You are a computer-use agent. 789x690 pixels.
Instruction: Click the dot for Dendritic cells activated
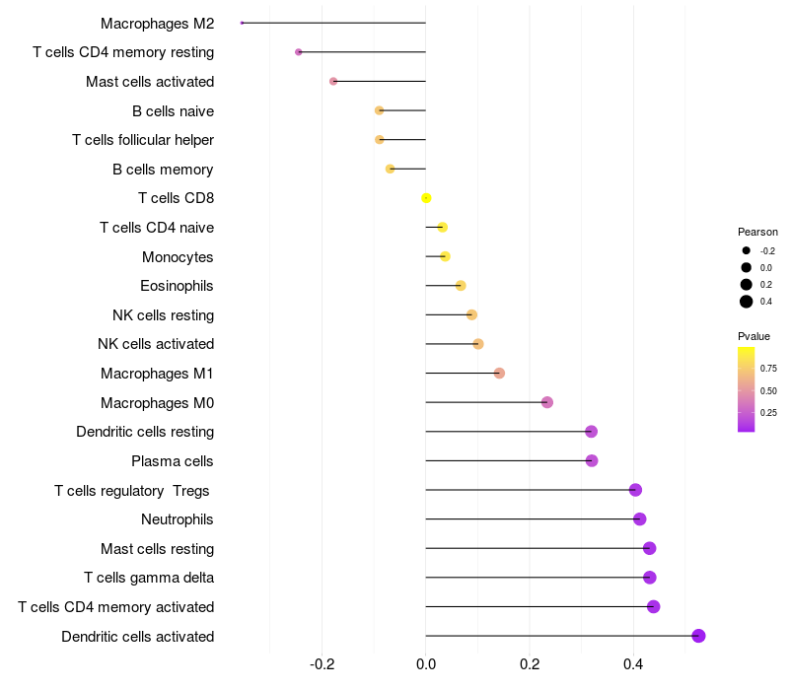(x=698, y=636)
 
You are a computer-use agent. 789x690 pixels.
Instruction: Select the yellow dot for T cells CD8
(x=426, y=198)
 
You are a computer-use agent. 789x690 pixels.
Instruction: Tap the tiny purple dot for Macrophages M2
(x=242, y=23)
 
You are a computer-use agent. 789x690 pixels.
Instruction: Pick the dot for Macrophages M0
(x=547, y=402)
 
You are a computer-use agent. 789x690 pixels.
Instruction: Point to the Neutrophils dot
(x=639, y=518)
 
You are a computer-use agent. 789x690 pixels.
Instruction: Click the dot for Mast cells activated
(x=333, y=81)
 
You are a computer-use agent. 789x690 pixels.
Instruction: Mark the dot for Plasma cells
(x=592, y=460)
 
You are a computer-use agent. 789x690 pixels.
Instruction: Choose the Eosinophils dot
(x=461, y=286)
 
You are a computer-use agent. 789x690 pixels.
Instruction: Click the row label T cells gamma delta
(x=149, y=578)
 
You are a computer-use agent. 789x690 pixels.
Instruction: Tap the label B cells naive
(x=173, y=110)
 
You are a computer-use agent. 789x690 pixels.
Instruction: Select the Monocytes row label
(x=178, y=257)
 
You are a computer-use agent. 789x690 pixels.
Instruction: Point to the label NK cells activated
(x=156, y=344)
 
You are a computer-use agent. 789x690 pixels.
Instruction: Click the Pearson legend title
(x=757, y=232)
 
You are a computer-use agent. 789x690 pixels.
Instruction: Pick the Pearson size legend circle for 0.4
(x=747, y=302)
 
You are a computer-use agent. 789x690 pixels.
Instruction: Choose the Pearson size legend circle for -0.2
(x=747, y=251)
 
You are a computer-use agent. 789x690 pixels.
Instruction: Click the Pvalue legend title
(x=754, y=336)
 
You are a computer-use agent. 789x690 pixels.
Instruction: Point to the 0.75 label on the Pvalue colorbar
(x=768, y=369)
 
